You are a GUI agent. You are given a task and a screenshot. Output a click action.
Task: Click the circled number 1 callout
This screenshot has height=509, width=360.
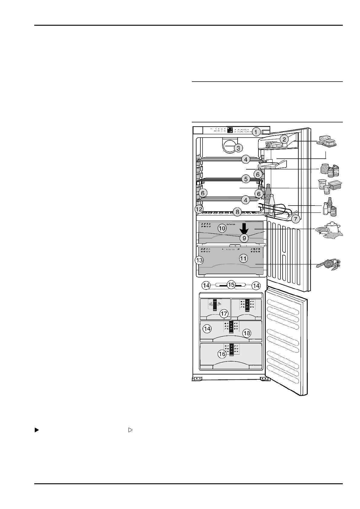pyautogui.click(x=256, y=132)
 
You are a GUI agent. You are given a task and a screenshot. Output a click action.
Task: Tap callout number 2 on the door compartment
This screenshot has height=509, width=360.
pyautogui.click(x=284, y=139)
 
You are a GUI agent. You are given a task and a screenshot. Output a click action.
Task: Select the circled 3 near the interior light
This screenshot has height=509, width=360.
pyautogui.click(x=238, y=148)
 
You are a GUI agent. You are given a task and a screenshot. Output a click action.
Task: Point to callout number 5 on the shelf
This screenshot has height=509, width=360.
pyautogui.click(x=246, y=179)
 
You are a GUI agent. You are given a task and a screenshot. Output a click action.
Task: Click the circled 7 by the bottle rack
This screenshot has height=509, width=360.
pyautogui.click(x=295, y=219)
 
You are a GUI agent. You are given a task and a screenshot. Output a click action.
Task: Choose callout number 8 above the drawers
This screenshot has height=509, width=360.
pyautogui.click(x=238, y=212)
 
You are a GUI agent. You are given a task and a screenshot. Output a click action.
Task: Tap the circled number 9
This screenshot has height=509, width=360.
pyautogui.click(x=244, y=238)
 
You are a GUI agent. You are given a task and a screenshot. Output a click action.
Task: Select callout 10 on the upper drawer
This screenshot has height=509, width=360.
pyautogui.click(x=222, y=228)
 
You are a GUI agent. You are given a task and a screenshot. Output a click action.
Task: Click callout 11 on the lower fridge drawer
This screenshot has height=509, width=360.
pyautogui.click(x=243, y=258)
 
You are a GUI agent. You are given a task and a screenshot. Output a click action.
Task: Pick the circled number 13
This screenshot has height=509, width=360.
pyautogui.click(x=199, y=260)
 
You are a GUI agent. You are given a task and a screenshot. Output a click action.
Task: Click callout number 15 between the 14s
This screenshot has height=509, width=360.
pyautogui.click(x=231, y=284)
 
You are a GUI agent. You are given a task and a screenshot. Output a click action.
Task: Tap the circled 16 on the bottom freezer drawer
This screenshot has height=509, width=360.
pyautogui.click(x=222, y=354)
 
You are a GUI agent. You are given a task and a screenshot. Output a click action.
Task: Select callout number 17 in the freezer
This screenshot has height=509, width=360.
pyautogui.click(x=224, y=313)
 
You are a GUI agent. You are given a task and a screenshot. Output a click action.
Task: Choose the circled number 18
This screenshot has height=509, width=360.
pyautogui.click(x=247, y=333)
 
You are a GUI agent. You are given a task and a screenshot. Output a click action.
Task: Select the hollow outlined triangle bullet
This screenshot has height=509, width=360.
pyautogui.click(x=130, y=430)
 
